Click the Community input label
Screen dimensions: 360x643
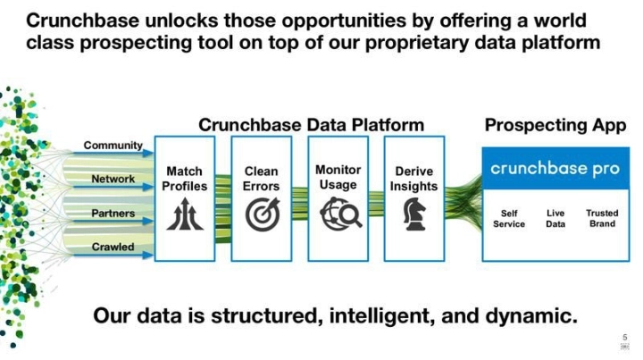(x=113, y=146)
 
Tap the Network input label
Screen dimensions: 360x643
(x=113, y=179)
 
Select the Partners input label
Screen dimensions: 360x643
(x=113, y=213)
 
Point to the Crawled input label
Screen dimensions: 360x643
(x=113, y=247)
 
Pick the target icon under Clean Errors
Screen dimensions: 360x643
(x=262, y=214)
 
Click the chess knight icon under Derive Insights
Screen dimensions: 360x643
(x=414, y=214)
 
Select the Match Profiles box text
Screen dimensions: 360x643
(x=185, y=179)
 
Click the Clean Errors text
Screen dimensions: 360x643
(x=262, y=179)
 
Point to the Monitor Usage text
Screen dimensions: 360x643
(x=338, y=177)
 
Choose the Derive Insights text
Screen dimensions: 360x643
(x=414, y=179)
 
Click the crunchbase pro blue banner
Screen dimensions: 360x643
(x=555, y=169)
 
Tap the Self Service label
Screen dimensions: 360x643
(x=509, y=219)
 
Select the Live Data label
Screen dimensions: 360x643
(x=555, y=219)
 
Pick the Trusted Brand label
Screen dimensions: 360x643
(x=602, y=219)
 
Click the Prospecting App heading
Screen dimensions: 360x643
(x=555, y=126)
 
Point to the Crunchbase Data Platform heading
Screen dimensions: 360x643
(x=311, y=125)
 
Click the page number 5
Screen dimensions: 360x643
(x=624, y=337)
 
